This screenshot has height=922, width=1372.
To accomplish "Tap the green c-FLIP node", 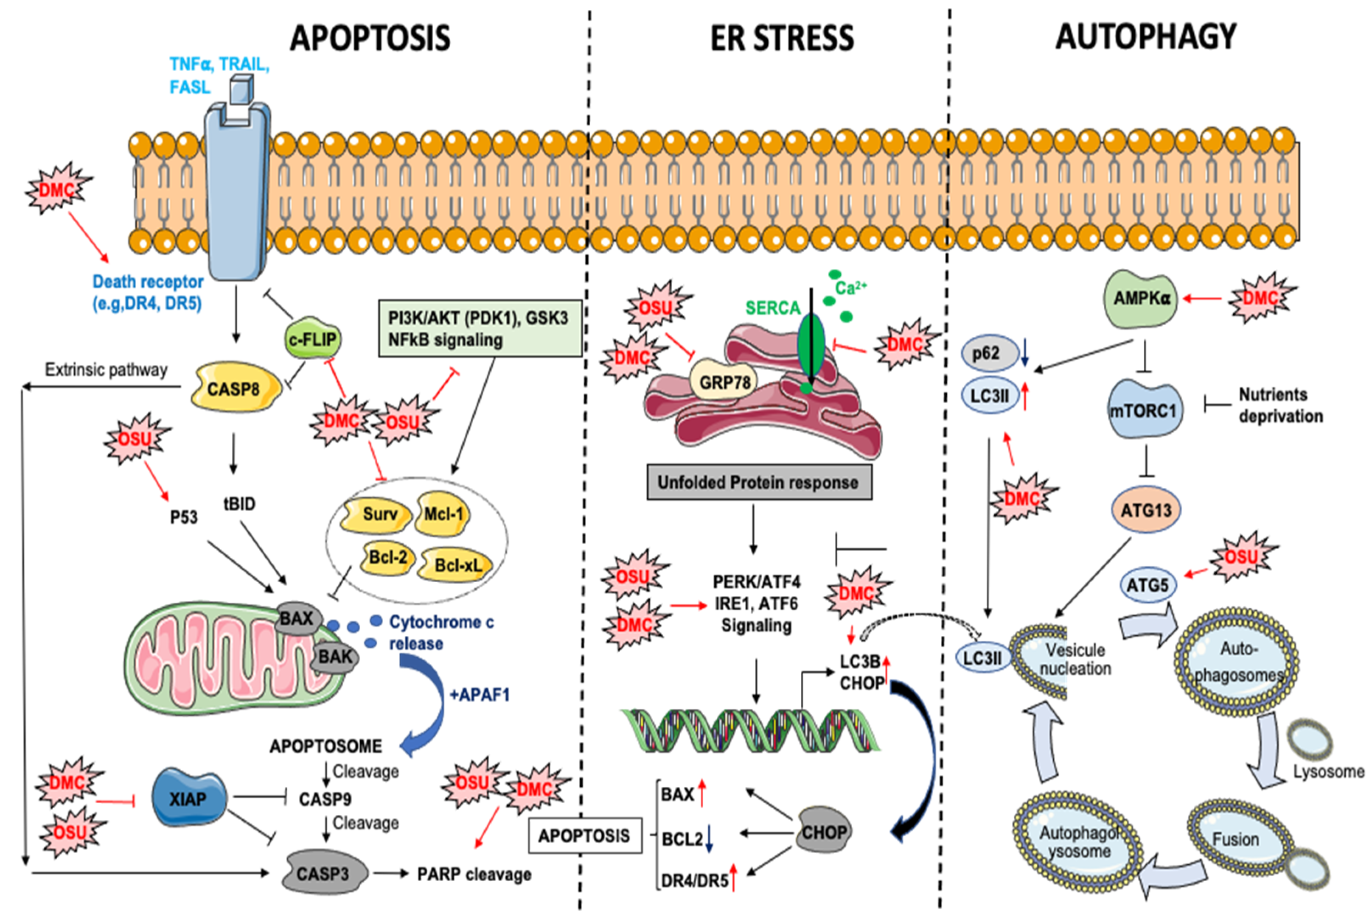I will pyautogui.click(x=312, y=339).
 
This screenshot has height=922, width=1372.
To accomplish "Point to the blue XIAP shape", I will pyautogui.click(x=188, y=799).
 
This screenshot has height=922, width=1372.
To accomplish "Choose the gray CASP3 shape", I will pyautogui.click(x=323, y=873).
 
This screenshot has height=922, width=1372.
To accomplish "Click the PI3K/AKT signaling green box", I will pyautogui.click(x=480, y=329).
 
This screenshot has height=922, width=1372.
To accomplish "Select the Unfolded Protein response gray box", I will pyautogui.click(x=759, y=483).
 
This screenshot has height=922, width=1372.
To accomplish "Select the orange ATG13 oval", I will pyautogui.click(x=1146, y=510).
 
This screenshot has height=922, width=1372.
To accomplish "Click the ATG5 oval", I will pyautogui.click(x=1147, y=585).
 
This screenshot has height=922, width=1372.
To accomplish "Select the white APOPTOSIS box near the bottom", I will pyautogui.click(x=584, y=835).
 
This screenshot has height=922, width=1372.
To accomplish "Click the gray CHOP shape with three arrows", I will pyautogui.click(x=824, y=832).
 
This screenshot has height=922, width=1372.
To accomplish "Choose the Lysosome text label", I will pyautogui.click(x=1328, y=771).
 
